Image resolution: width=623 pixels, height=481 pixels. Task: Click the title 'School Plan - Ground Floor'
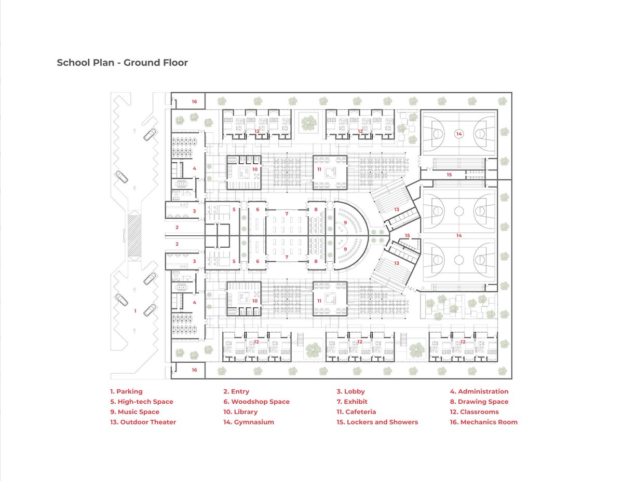tap(122, 63)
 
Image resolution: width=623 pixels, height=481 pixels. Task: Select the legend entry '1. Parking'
tap(126, 391)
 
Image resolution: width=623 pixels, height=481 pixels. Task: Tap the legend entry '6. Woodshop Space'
tap(256, 402)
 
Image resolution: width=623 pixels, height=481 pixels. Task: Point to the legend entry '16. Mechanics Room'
tap(483, 422)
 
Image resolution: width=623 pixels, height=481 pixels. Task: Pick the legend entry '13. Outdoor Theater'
tap(143, 422)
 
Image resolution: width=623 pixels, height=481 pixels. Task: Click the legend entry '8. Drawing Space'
tap(479, 402)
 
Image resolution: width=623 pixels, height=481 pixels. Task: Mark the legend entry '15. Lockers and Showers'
tap(377, 422)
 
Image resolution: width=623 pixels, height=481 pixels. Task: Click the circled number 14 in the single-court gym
tap(458, 134)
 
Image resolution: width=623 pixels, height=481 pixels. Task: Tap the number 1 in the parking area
tap(136, 311)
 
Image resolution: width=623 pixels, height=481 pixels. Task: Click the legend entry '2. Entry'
tap(236, 391)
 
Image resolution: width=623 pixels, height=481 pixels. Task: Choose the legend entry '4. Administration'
tap(479, 391)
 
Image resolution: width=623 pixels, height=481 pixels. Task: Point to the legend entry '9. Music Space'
tap(134, 412)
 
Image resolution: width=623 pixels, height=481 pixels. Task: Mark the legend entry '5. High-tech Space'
tap(141, 402)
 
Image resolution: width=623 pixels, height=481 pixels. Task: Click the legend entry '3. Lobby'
tap(350, 391)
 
